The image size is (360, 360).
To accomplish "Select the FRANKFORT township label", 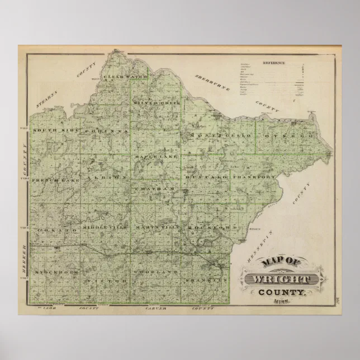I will pyautogui.click(x=255, y=177).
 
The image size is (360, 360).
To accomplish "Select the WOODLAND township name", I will pyautogui.click(x=154, y=272).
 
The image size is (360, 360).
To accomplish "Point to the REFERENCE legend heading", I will pyautogui.click(x=273, y=63).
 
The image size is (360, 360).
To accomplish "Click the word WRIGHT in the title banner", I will pyautogui.click(x=281, y=278).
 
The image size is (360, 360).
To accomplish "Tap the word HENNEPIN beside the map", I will pyautogui.click(x=260, y=244).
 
